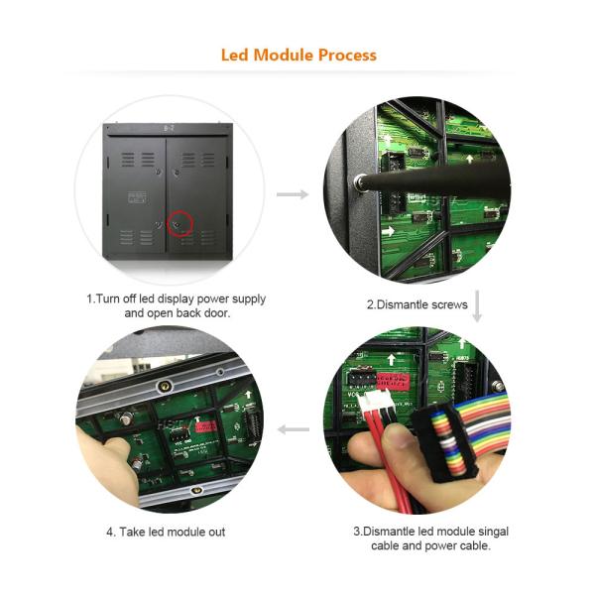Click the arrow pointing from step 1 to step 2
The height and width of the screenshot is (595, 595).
coord(293,194)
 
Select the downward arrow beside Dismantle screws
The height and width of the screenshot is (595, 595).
coord(477,305)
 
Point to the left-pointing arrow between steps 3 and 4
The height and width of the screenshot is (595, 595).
coord(294,429)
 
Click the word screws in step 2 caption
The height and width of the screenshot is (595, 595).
coord(449,304)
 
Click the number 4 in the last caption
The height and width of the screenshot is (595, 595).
coord(110,532)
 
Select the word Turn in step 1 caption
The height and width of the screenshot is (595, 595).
coord(108,298)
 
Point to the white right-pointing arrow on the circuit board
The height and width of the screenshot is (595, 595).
coord(388,231)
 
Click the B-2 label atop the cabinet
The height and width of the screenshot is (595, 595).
coord(169,128)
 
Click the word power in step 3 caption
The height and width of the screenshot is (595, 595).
coord(440,546)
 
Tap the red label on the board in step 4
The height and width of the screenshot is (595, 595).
coord(206,426)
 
